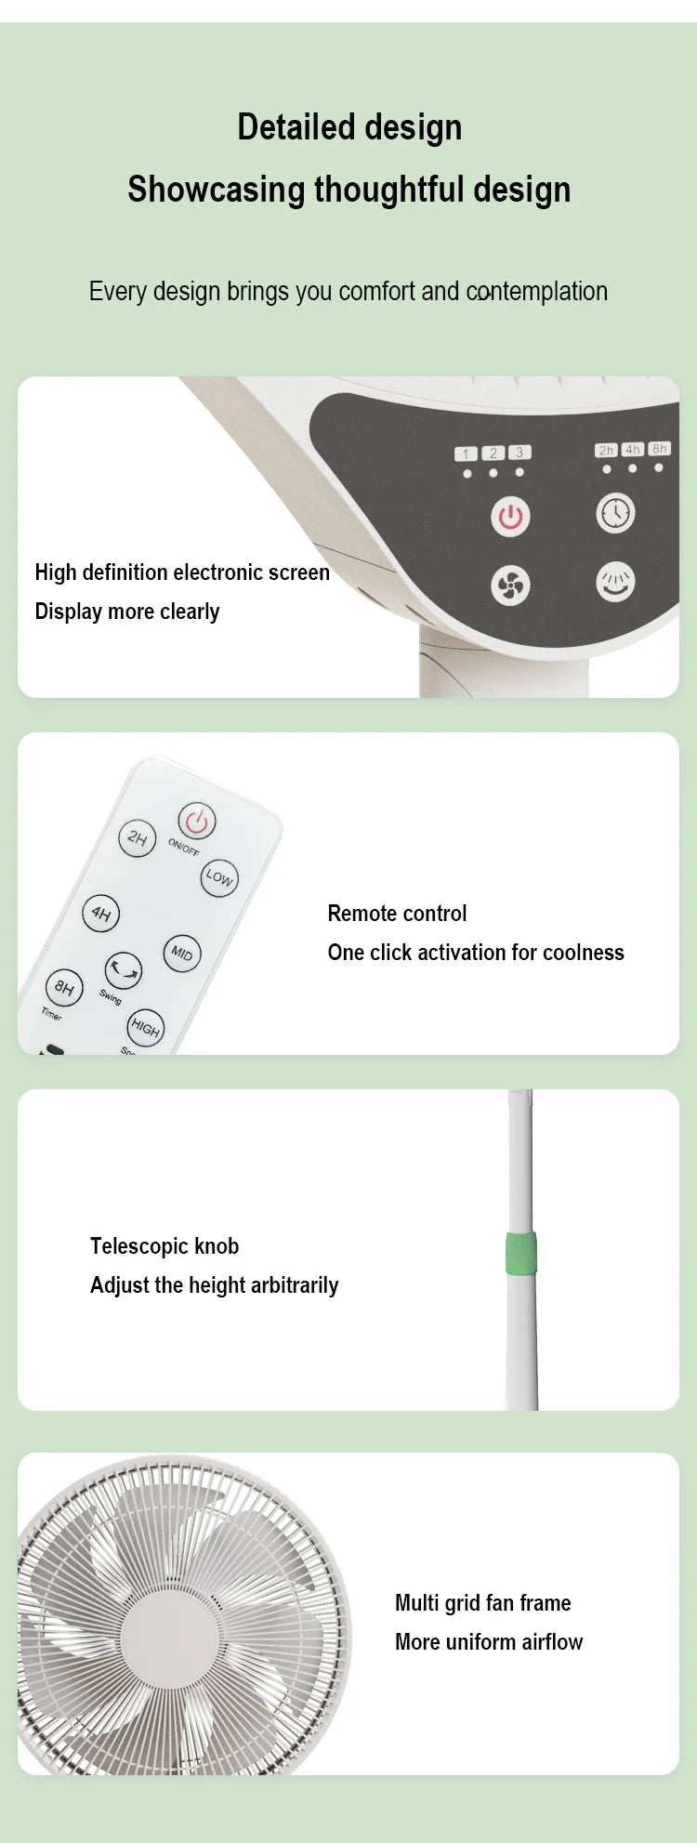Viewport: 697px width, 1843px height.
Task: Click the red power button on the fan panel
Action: pos(510,516)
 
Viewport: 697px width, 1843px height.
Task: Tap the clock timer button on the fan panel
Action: pos(615,513)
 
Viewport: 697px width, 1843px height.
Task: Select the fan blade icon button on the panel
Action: pos(510,586)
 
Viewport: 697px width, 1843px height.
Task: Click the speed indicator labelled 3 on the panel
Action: pos(519,453)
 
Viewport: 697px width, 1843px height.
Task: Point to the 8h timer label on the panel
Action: pos(659,450)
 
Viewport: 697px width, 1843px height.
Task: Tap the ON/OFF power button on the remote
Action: pos(196,821)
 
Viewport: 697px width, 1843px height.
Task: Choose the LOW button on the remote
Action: pos(219,876)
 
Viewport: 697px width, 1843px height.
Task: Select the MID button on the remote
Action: pos(182,954)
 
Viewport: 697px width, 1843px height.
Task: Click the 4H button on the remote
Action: pos(100,913)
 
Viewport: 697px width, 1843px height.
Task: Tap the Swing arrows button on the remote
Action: pos(123,970)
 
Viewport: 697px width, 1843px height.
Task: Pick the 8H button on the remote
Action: pos(63,987)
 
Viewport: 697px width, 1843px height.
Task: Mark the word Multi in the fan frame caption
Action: pos(416,1602)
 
